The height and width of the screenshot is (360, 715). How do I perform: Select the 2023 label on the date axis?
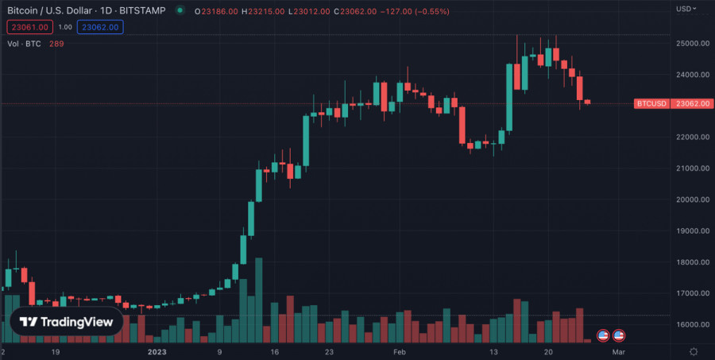[x=157, y=350]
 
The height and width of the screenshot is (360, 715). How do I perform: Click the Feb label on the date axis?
[x=400, y=350]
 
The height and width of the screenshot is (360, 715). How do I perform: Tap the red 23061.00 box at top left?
[x=30, y=27]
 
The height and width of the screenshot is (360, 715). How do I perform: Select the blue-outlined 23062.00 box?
[x=99, y=27]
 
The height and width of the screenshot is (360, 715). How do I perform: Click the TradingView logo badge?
[x=66, y=322]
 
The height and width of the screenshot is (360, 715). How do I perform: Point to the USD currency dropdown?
[x=686, y=9]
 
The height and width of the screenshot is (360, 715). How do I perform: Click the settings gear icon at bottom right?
[x=694, y=351]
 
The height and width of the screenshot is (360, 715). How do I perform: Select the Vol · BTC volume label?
[x=24, y=43]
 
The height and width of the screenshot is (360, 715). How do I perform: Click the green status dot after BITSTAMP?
[x=180, y=11]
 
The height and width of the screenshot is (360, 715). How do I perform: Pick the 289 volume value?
[x=56, y=43]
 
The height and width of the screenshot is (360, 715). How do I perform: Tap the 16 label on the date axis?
[x=274, y=350]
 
